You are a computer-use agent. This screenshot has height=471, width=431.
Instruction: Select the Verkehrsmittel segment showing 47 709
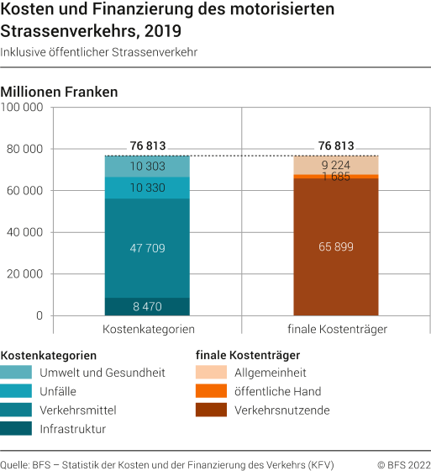tap(147, 248)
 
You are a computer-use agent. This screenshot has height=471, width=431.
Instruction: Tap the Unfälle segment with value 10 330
tap(147, 188)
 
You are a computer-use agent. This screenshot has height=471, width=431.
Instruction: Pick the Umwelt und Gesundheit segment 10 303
tap(147, 167)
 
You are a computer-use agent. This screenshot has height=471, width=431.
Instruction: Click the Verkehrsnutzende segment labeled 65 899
tap(335, 247)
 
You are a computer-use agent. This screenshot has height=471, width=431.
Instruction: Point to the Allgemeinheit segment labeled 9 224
tap(335, 166)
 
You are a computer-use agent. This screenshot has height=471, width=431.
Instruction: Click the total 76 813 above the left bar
tap(148, 146)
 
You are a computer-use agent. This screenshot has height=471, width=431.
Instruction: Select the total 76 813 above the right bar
tap(336, 146)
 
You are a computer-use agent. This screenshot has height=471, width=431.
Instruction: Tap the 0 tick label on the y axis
tap(39, 316)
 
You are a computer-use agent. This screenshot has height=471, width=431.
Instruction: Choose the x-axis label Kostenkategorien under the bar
tap(149, 330)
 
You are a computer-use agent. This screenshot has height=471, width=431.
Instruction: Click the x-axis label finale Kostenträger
tap(336, 330)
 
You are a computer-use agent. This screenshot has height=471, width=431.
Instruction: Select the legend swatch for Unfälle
tap(18, 391)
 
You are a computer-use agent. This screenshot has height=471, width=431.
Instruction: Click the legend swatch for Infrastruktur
tap(18, 428)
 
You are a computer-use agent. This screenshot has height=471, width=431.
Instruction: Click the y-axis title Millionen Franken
tap(60, 91)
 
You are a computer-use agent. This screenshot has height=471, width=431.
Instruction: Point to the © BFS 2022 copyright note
tap(399, 463)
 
